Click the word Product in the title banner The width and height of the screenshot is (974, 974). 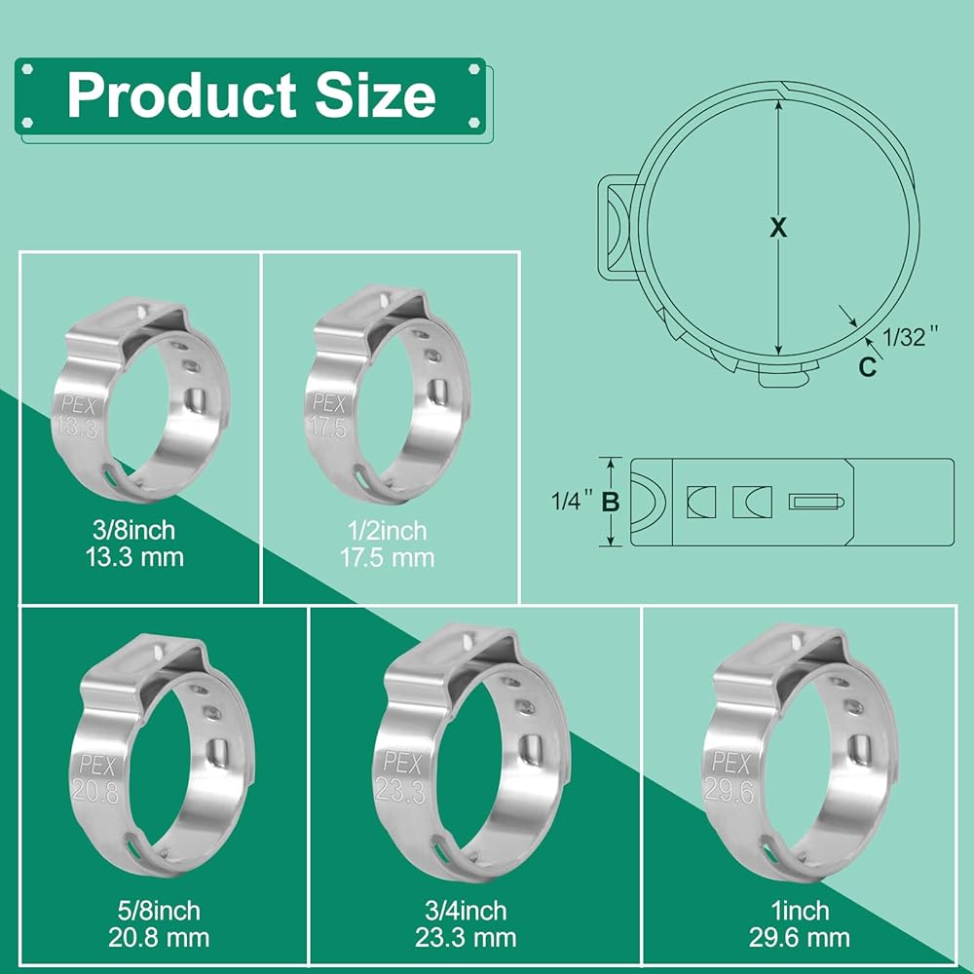coord(181,95)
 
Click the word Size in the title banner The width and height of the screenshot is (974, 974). coord(375,95)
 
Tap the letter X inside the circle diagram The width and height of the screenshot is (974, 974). coord(777,227)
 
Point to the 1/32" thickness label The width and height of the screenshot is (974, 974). coord(910,337)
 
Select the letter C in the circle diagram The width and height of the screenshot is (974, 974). coord(867,367)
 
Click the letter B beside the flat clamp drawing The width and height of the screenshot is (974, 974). coord(611,502)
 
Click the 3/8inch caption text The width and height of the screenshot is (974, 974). coord(134,531)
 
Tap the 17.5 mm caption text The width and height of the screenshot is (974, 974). coord(387,558)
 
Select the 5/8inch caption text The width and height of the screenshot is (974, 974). coord(159,911)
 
